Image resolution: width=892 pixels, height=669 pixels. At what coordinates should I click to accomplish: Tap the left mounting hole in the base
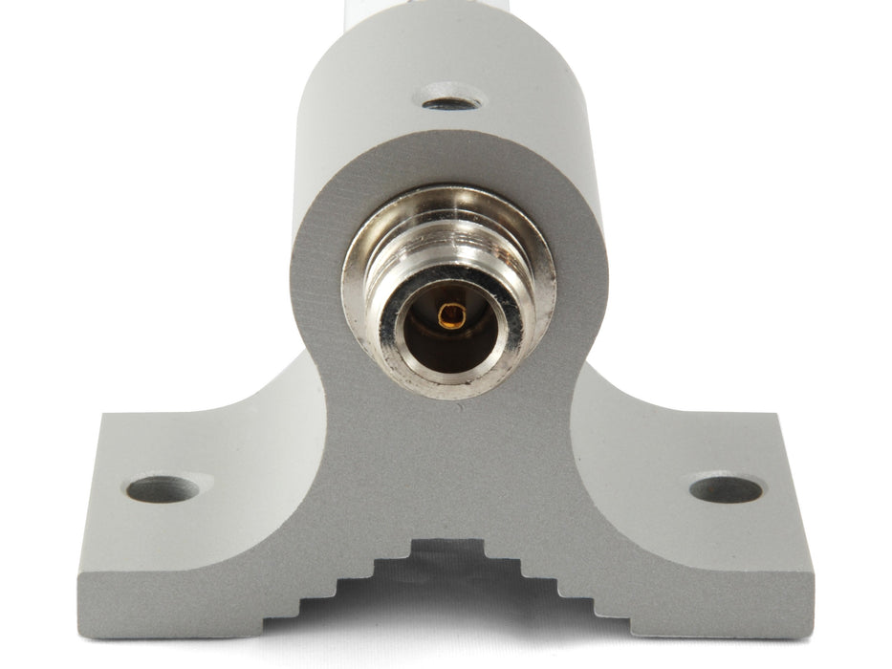[163, 489]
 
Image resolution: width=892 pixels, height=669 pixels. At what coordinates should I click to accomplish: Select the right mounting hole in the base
[727, 488]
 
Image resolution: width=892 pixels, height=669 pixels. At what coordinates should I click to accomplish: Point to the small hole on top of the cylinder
[450, 98]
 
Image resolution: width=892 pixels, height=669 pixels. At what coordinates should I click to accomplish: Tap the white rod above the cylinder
[449, 8]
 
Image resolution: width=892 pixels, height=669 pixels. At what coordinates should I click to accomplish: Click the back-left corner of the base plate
[105, 417]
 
